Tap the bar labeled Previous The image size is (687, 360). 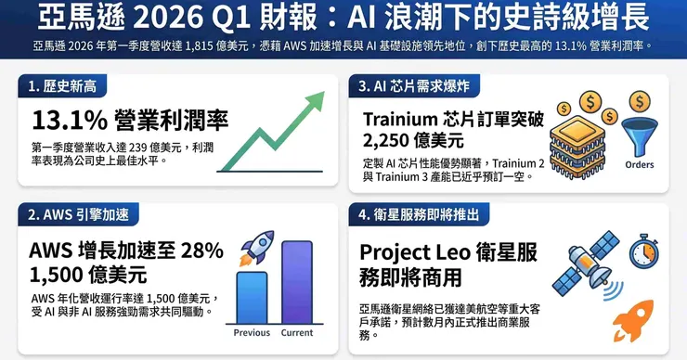(252, 298)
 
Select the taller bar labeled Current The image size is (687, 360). (297, 282)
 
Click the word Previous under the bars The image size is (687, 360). (252, 333)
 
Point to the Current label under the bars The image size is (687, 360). (297, 333)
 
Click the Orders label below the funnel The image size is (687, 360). (640, 165)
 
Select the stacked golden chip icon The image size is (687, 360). (577, 148)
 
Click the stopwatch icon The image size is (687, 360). (644, 251)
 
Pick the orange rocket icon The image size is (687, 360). (633, 321)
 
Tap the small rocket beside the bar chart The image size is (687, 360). (257, 248)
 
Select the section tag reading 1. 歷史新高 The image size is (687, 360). (62, 86)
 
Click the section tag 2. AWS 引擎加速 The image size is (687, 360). (78, 214)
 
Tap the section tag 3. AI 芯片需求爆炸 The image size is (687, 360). (414, 86)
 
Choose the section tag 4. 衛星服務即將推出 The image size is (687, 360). (419, 214)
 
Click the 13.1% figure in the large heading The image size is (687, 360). (70, 120)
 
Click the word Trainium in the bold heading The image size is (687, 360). (400, 119)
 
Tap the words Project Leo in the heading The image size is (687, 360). (414, 253)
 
